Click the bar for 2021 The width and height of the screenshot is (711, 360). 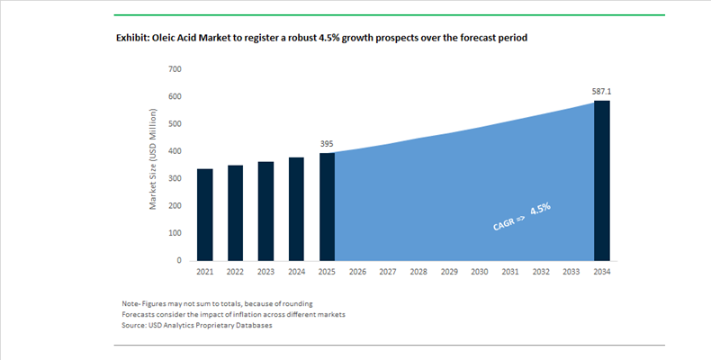click(x=205, y=215)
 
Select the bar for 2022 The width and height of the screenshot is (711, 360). click(x=235, y=213)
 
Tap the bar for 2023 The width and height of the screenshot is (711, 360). click(x=265, y=211)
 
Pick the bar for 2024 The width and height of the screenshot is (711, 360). click(x=297, y=209)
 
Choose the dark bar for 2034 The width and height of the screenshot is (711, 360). click(x=602, y=181)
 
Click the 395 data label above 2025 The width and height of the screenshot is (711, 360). click(x=327, y=144)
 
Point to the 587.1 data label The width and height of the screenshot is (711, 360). click(x=602, y=92)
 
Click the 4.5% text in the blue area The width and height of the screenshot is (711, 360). click(x=541, y=210)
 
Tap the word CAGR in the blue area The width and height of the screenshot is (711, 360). click(x=504, y=223)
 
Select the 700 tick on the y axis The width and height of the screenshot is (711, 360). click(x=175, y=69)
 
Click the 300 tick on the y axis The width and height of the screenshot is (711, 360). click(x=175, y=178)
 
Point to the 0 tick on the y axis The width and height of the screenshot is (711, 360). click(x=179, y=261)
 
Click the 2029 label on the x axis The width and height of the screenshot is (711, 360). click(x=449, y=272)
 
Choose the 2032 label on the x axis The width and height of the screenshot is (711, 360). click(x=541, y=272)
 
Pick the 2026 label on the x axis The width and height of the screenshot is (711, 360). click(x=357, y=272)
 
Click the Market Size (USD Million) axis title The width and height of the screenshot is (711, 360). click(x=153, y=159)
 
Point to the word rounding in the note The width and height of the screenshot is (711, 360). click(x=299, y=304)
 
